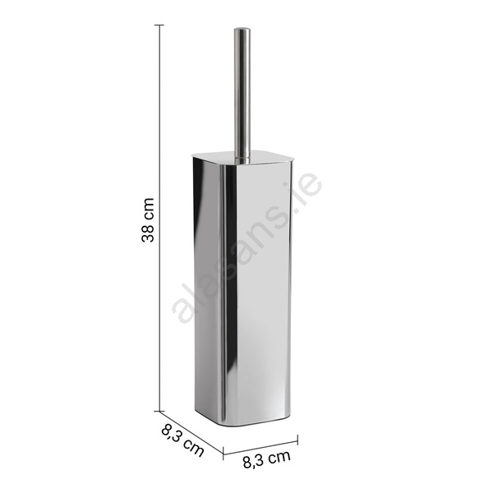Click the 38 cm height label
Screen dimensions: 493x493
[x=148, y=219]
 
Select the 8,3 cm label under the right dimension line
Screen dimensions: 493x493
[x=266, y=459]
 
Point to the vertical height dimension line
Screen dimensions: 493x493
[x=160, y=218]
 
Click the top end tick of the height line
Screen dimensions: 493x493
[x=160, y=25]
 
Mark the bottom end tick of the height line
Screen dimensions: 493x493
[x=160, y=411]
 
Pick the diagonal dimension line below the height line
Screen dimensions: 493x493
[x=191, y=431]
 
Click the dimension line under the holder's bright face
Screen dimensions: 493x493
[x=260, y=445]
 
